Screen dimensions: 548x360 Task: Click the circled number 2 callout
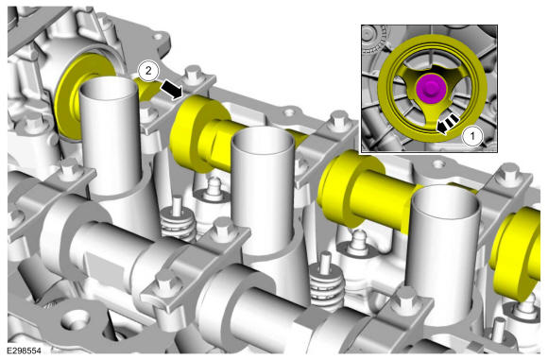click(x=148, y=71)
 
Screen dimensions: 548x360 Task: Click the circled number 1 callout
click(x=472, y=136)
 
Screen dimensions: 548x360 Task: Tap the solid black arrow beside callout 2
click(x=172, y=89)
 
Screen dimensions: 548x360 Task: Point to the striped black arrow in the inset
click(x=447, y=124)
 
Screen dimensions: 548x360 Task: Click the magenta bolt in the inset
click(x=431, y=89)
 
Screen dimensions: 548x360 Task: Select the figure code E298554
click(x=25, y=351)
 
